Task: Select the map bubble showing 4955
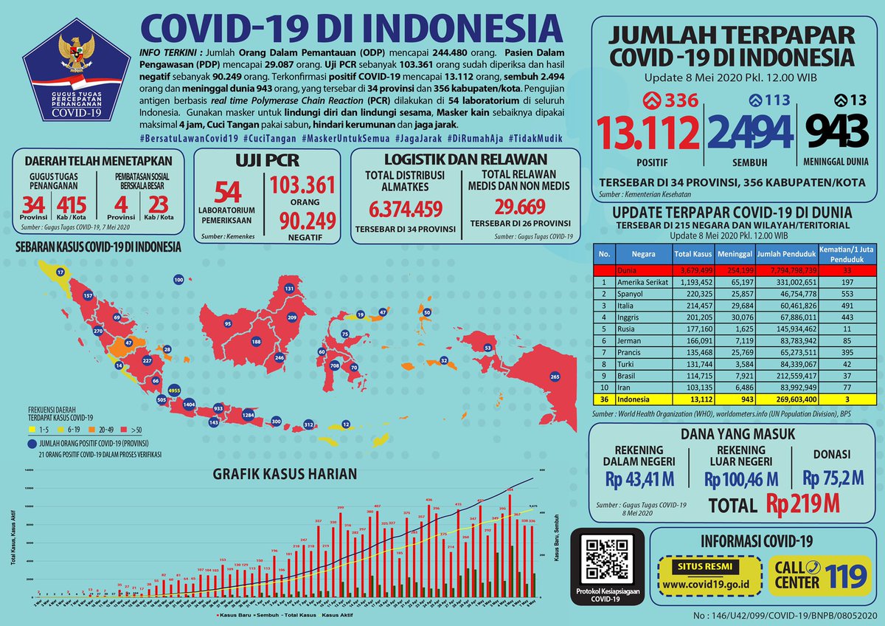(x=175, y=389)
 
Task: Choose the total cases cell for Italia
(x=692, y=305)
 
